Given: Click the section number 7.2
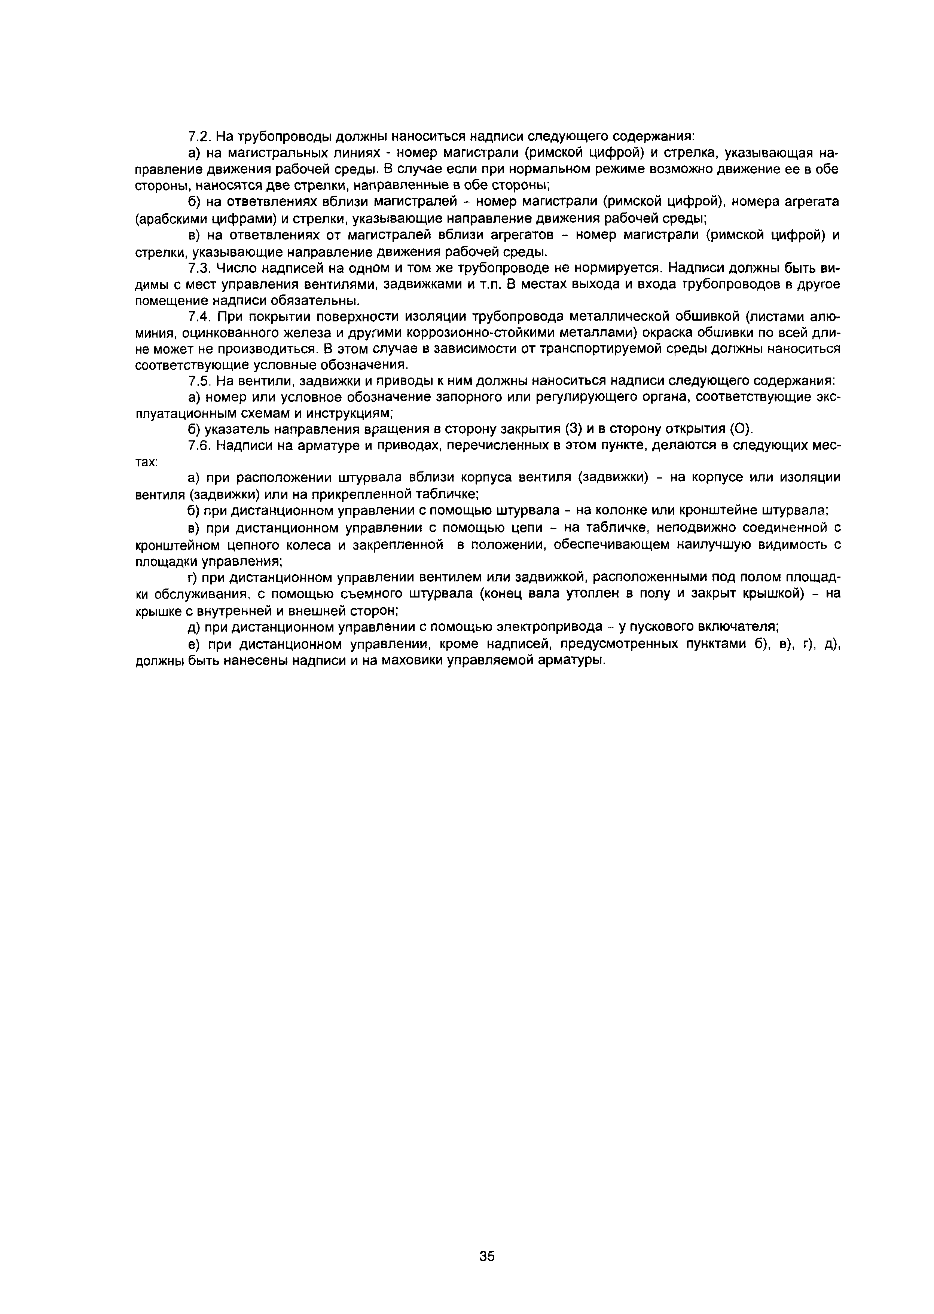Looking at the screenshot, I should tap(201, 136).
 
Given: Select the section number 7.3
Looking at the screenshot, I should tap(201, 268).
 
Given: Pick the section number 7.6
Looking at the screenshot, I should tap(201, 445).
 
